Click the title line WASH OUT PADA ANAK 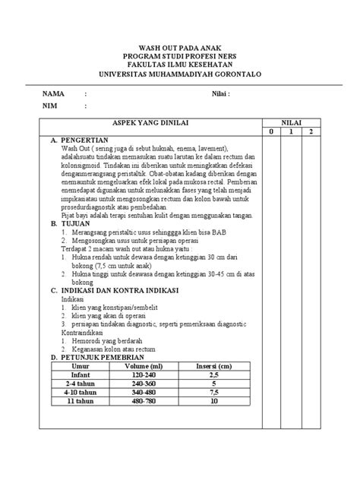(180, 48)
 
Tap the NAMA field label (55, 94)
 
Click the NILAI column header (292, 122)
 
